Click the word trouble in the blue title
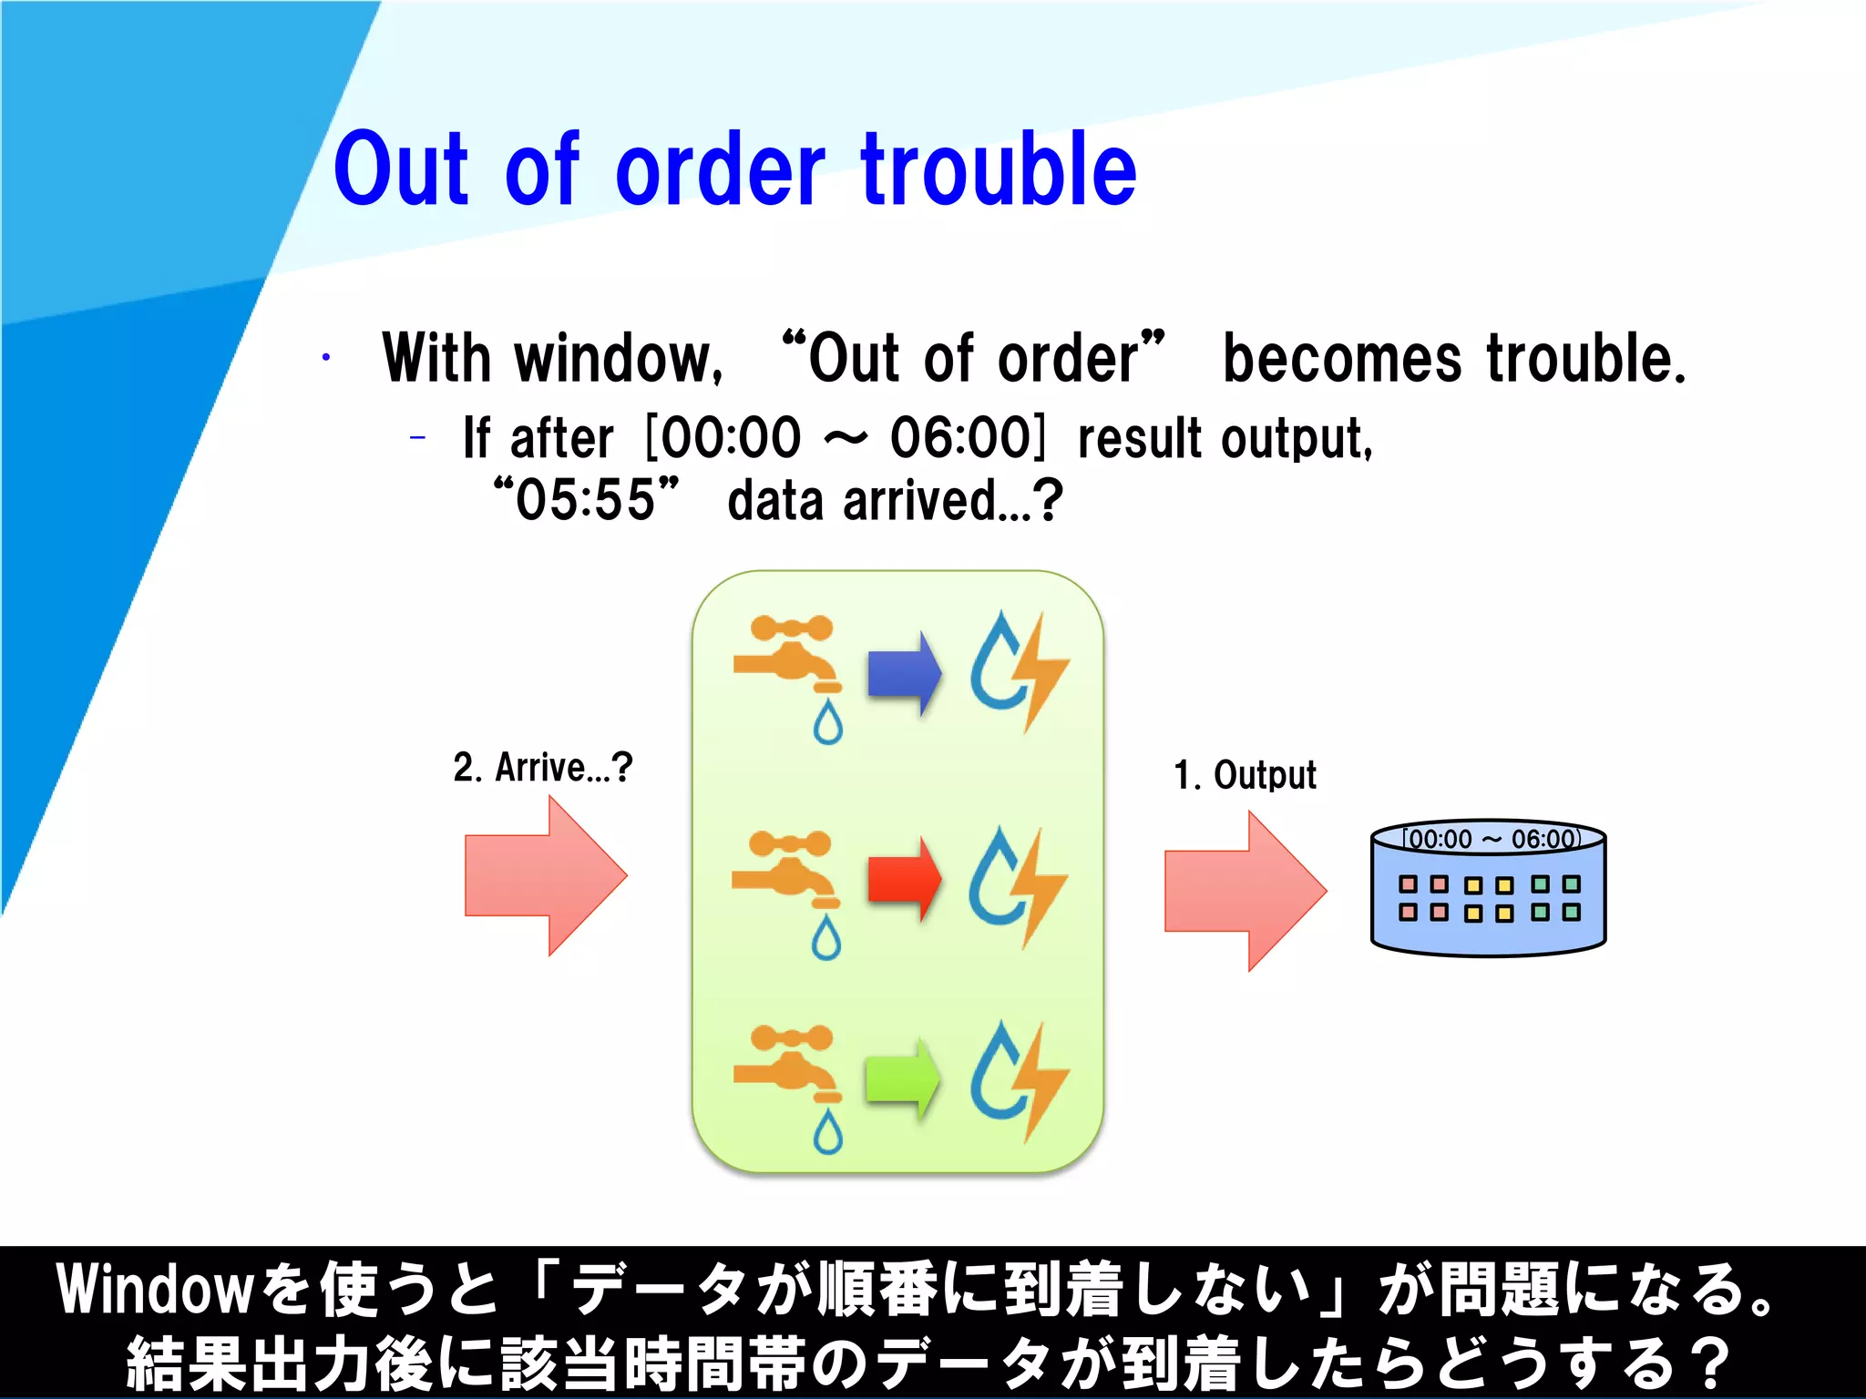pyautogui.click(x=999, y=170)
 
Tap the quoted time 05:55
pyautogui.click(x=586, y=500)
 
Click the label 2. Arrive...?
pyautogui.click(x=542, y=768)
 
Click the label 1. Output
pyautogui.click(x=1245, y=776)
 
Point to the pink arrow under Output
pyautogui.click(x=1245, y=891)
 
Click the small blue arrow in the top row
pyautogui.click(x=903, y=673)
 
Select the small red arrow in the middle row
pyautogui.click(x=903, y=879)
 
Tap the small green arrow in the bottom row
pyautogui.click(x=902, y=1078)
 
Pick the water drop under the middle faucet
pyautogui.click(x=825, y=938)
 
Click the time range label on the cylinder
pyautogui.click(x=1490, y=839)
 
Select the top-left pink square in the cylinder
pyautogui.click(x=1408, y=884)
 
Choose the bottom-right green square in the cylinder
pyautogui.click(x=1572, y=913)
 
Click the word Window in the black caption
pyautogui.click(x=155, y=1290)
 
